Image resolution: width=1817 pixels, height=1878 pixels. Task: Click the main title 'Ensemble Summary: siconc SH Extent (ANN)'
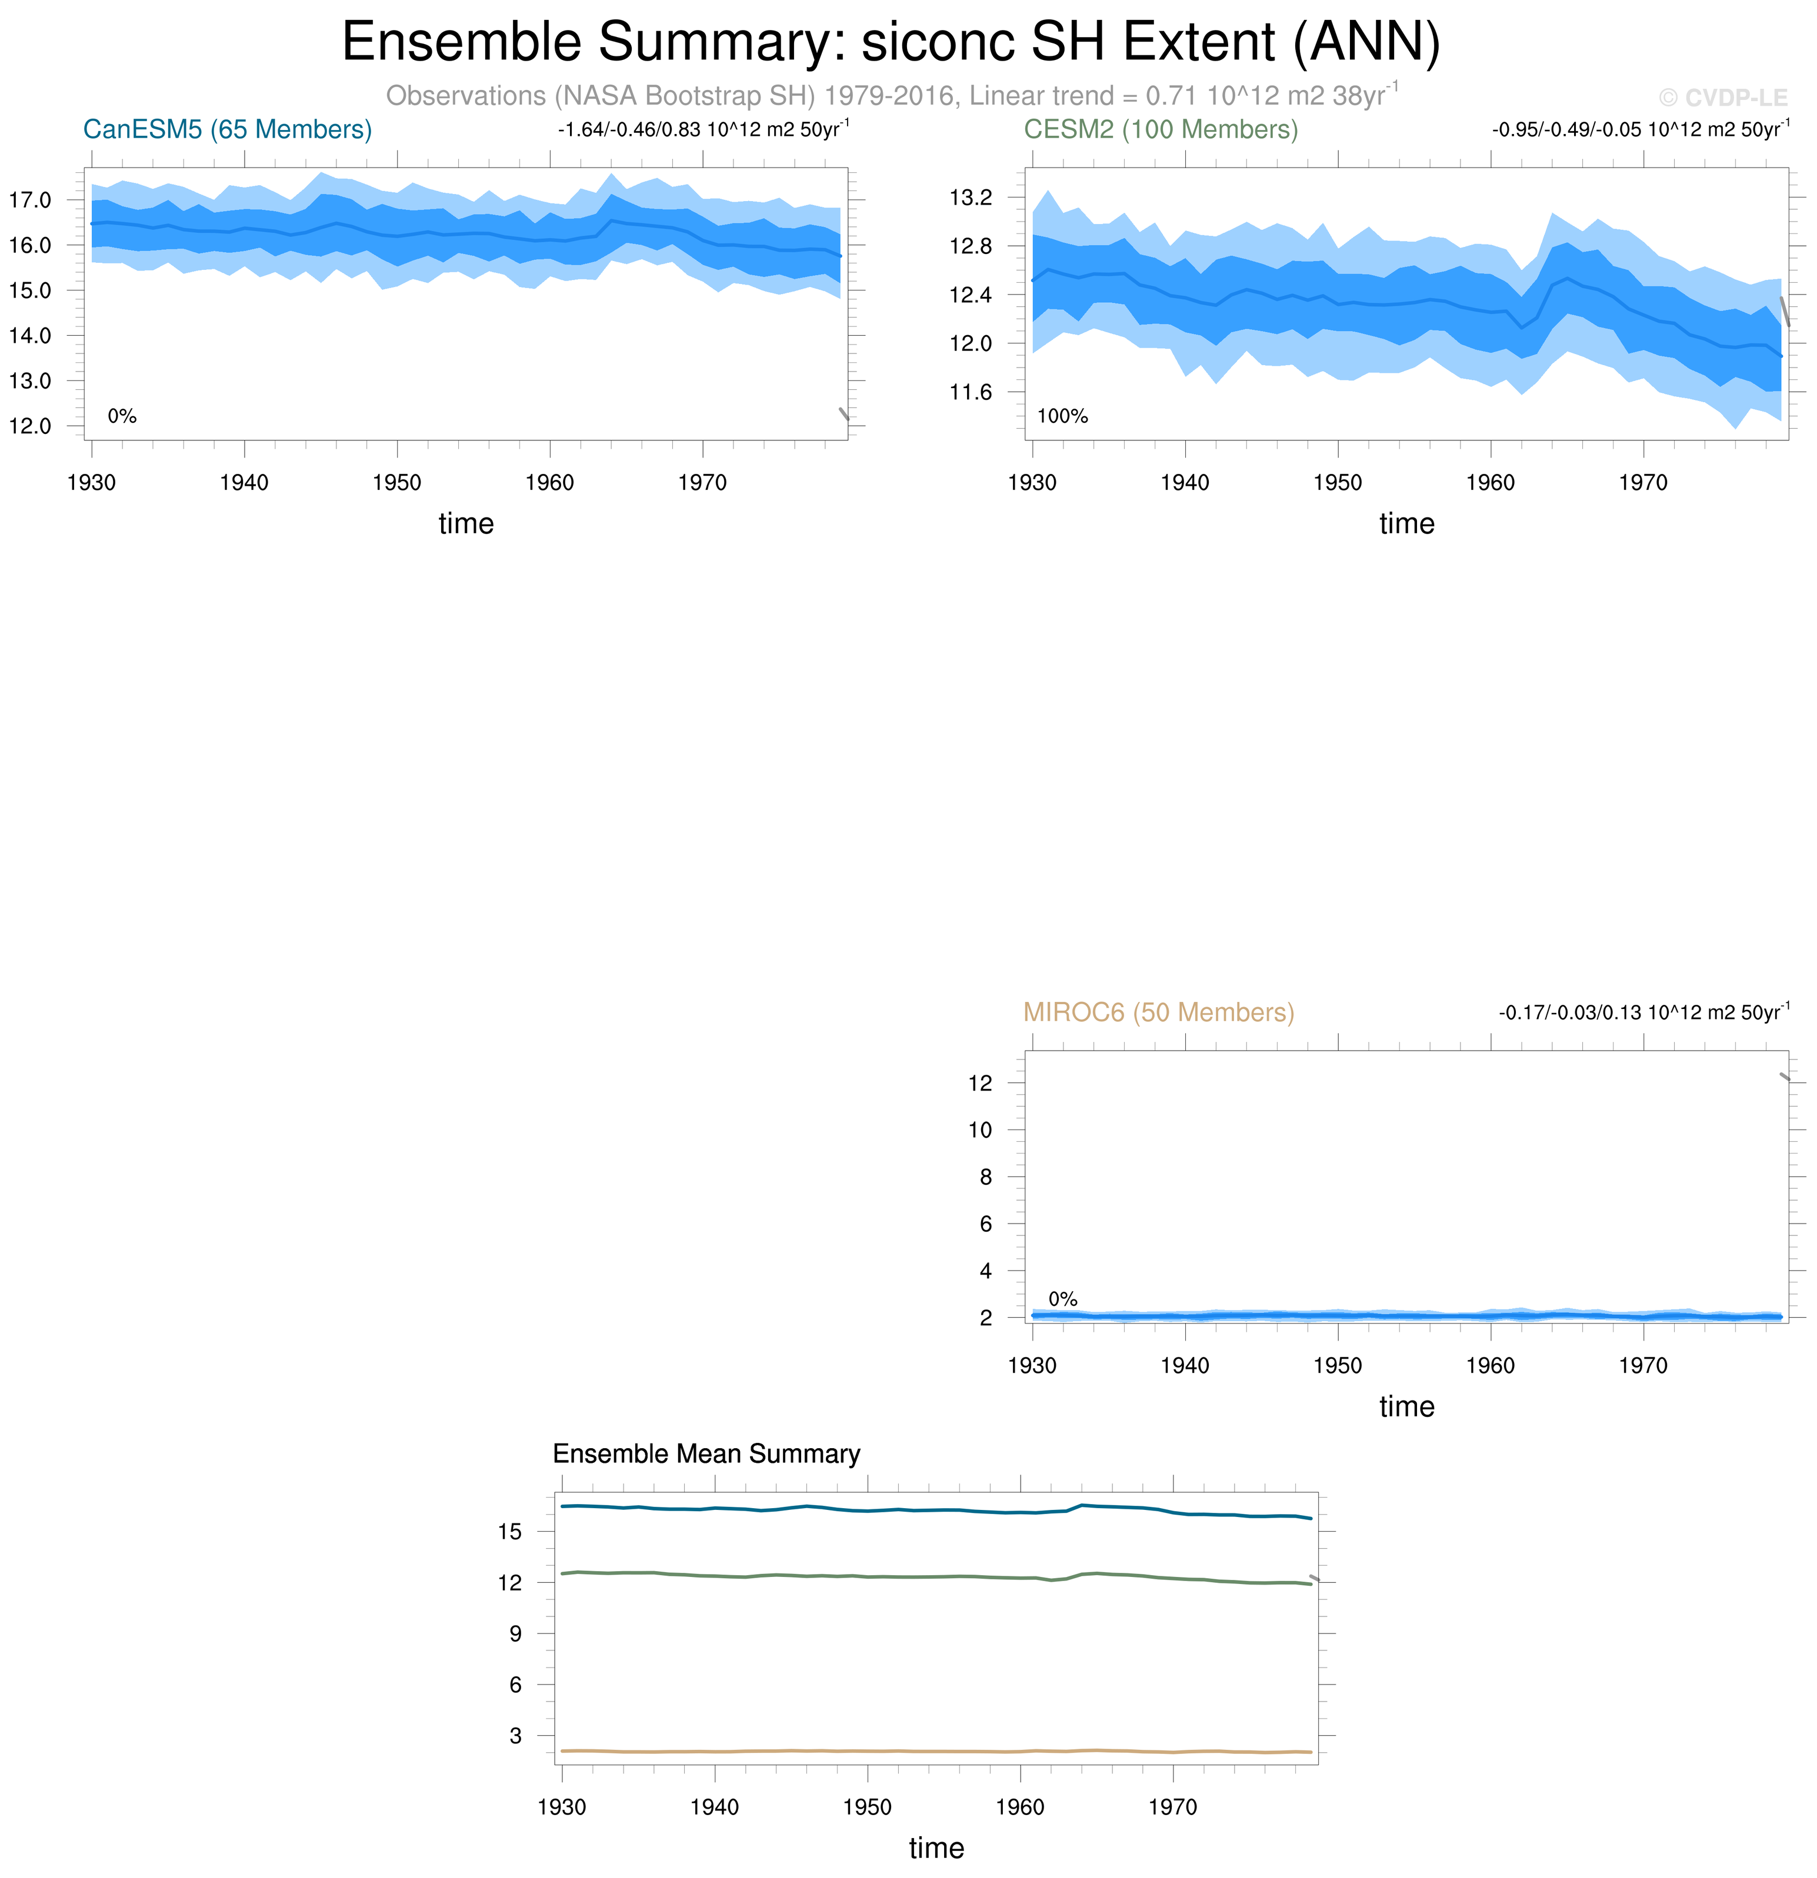(x=891, y=42)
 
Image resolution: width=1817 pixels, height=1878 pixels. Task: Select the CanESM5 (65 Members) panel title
(x=227, y=129)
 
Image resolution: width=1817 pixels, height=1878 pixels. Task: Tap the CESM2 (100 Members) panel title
(x=1161, y=129)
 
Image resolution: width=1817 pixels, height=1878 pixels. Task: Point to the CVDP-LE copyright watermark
(x=1723, y=98)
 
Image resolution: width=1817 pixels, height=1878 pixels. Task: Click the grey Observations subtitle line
(x=891, y=96)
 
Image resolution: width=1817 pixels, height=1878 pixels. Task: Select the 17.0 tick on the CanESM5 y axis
(x=30, y=201)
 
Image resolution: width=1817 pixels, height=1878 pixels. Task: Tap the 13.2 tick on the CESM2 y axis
(x=971, y=198)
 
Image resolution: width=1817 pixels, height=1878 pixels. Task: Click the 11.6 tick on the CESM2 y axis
(x=971, y=392)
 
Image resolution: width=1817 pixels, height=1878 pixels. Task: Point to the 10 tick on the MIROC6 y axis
(x=979, y=1130)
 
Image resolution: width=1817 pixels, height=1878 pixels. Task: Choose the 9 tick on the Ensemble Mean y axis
(x=516, y=1633)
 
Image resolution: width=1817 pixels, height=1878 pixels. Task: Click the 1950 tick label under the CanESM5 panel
(x=396, y=483)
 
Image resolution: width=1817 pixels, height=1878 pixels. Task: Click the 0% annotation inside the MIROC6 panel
(x=1063, y=1299)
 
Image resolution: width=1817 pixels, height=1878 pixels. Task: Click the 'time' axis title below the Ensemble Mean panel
(x=936, y=1848)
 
